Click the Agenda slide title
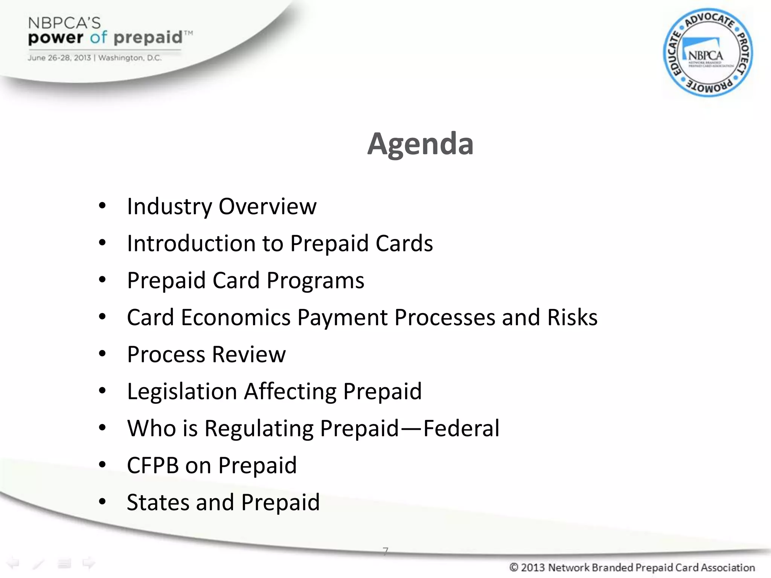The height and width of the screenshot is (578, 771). point(420,144)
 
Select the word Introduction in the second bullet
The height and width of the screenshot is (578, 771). point(191,243)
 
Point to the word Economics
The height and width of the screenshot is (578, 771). point(236,318)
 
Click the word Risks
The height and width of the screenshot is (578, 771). point(572,318)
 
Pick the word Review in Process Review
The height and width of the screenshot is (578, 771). point(249,354)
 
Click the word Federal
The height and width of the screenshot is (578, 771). point(462,429)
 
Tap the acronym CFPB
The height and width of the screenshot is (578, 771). point(152,465)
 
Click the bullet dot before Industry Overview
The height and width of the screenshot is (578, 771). point(102,206)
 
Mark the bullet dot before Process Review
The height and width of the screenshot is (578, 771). point(102,354)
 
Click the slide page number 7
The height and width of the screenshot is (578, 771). point(385,551)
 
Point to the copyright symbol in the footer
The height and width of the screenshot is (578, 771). point(513,567)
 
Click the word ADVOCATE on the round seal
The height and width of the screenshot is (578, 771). point(709,20)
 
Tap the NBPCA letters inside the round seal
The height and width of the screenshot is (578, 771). point(705,56)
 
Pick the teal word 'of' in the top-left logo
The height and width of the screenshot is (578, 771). point(98,38)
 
